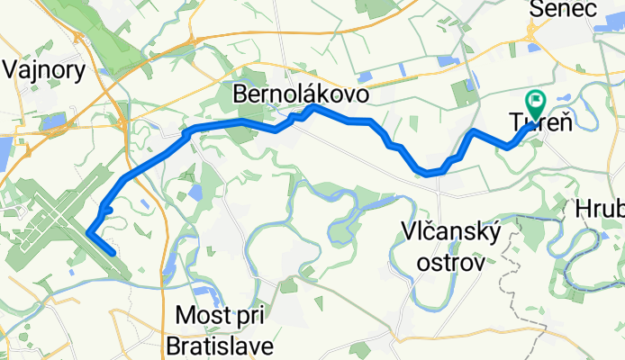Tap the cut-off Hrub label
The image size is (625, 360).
(x=600, y=211)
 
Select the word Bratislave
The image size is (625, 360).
(x=222, y=345)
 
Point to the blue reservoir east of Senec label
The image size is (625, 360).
(x=609, y=29)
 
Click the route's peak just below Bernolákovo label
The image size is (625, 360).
(x=312, y=107)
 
